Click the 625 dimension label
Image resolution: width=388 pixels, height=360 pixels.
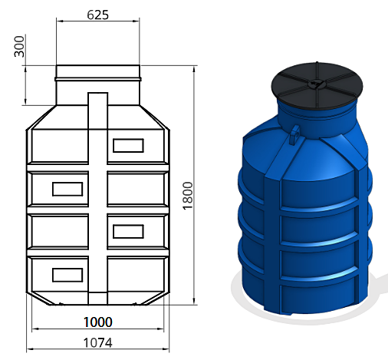[x=98, y=15]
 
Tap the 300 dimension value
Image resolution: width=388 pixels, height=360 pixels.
[x=19, y=47]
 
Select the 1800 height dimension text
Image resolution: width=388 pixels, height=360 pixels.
[x=188, y=196]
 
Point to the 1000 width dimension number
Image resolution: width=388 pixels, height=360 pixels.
[x=98, y=322]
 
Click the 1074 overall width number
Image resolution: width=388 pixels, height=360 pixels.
[x=98, y=342]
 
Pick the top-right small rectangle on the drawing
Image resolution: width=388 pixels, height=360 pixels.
[x=128, y=146]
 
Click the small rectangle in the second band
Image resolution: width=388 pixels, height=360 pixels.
[x=67, y=189]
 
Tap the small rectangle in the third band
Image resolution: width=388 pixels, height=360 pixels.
[x=128, y=232]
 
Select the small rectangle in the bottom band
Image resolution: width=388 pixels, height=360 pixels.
[x=67, y=275]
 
